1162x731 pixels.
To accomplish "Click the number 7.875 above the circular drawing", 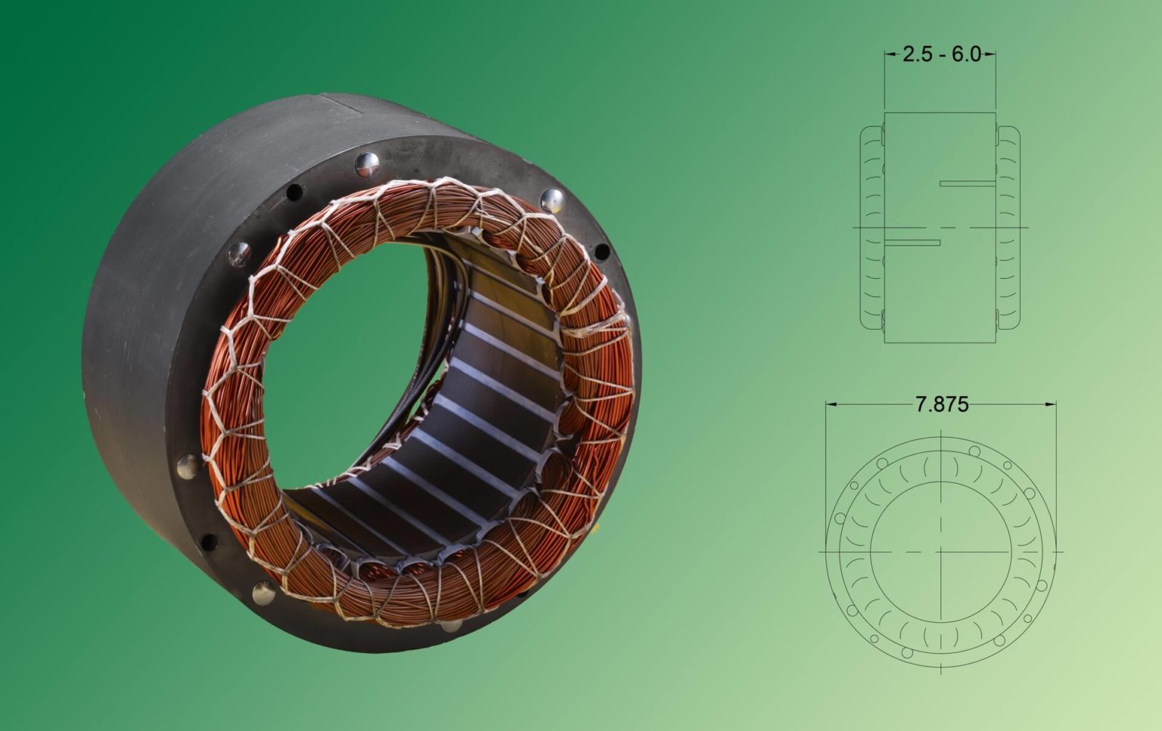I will tap(941, 404).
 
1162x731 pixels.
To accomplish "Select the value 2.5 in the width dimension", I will tap(917, 54).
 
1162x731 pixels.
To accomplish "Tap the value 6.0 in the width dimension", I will tap(966, 54).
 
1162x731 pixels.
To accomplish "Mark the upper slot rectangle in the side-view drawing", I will tap(967, 184).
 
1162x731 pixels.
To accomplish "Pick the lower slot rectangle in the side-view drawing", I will tap(912, 243).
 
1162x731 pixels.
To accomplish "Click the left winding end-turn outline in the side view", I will tap(871, 227).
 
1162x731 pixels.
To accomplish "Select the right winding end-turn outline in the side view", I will tap(1008, 227).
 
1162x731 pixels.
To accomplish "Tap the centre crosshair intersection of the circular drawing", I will tap(940, 551).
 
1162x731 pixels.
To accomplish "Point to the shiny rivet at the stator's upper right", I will tap(552, 200).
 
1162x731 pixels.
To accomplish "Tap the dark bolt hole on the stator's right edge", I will tap(602, 252).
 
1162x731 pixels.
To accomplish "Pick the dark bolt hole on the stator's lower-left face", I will tap(207, 541).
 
